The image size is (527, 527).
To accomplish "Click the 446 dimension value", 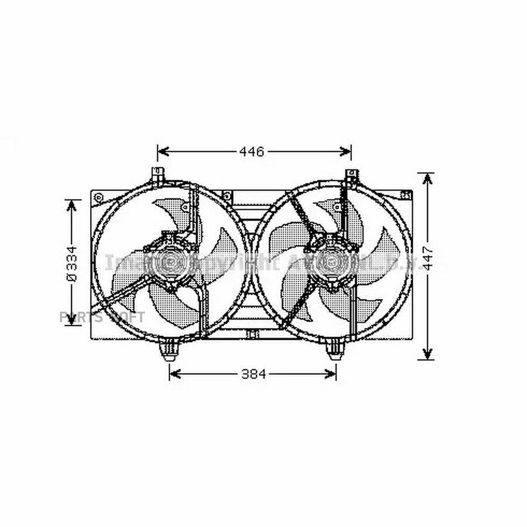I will pos(252,152).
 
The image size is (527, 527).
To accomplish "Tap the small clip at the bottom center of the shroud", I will pos(253,335).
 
